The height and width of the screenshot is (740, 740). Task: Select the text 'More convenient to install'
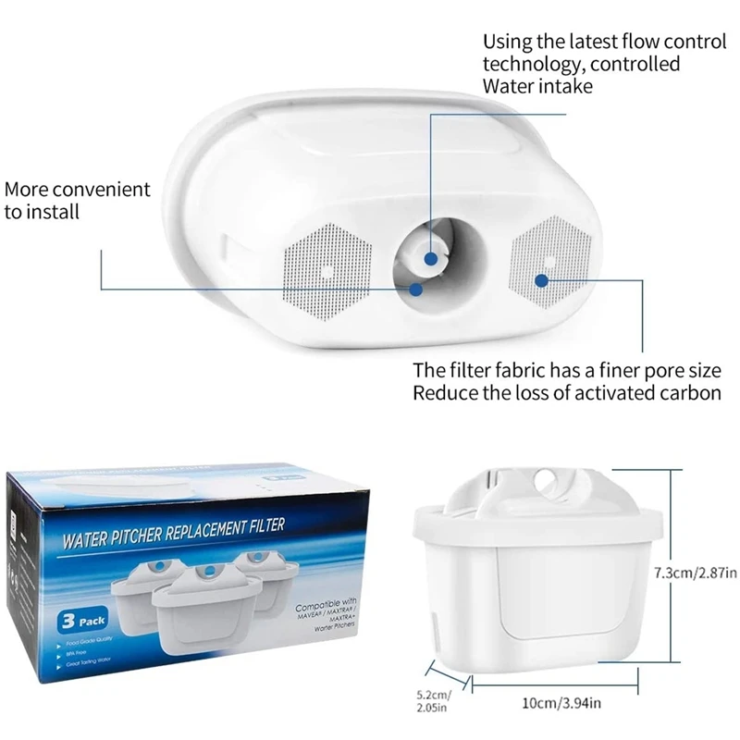point(77,200)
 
